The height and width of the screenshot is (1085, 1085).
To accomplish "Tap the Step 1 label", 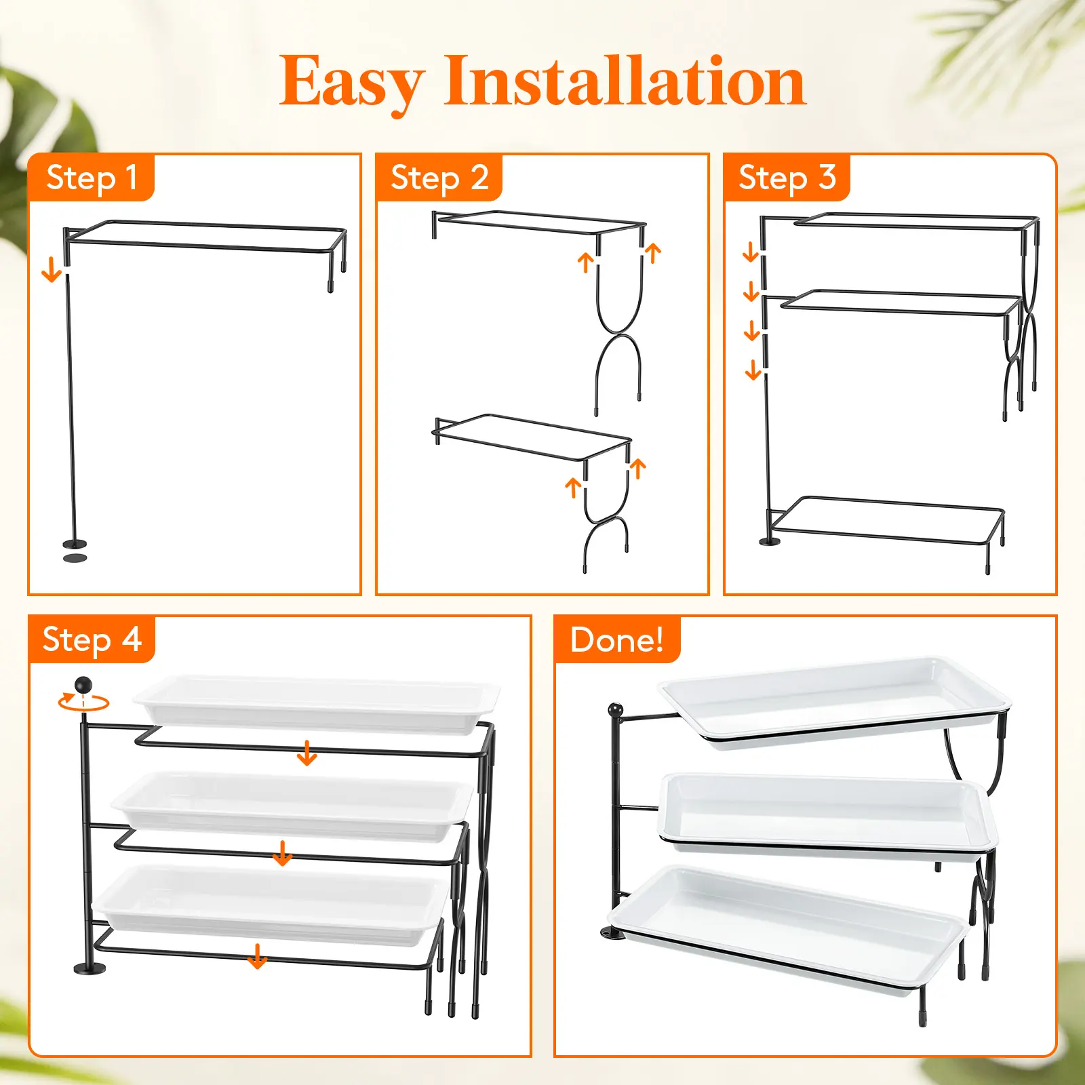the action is [92, 178].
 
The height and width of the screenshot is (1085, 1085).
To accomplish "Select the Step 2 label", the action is [439, 178].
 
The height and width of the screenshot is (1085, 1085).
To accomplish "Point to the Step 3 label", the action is [787, 178].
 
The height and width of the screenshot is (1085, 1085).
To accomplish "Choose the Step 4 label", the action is [92, 639].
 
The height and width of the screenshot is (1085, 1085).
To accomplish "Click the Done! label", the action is [617, 639].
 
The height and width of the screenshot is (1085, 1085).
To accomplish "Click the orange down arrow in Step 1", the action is [52, 271].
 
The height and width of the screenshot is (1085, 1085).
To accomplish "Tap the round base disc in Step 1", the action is [75, 543].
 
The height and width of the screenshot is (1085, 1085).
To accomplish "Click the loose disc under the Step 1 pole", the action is [75, 557].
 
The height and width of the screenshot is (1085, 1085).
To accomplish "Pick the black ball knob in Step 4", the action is [83, 685].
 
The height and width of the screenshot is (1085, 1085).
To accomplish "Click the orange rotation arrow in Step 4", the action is [83, 703].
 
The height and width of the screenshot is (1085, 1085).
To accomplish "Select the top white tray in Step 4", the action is [316, 704].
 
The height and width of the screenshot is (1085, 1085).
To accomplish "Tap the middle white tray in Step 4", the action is [293, 806].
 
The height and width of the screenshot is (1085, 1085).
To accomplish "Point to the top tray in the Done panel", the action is [834, 703].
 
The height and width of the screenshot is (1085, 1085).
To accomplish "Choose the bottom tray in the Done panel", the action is [787, 930].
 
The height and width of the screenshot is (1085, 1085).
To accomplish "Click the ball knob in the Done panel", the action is [616, 710].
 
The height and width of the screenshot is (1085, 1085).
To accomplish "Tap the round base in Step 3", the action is [770, 541].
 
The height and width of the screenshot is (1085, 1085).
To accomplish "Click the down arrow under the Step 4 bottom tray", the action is [257, 955].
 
